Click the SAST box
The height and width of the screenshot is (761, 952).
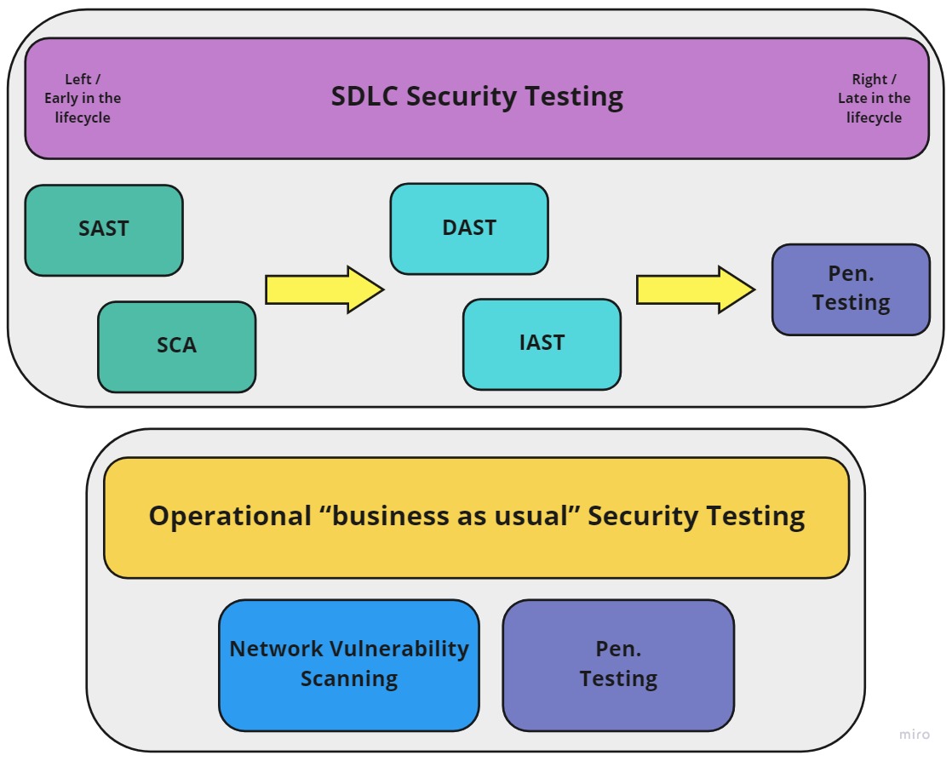click(x=104, y=230)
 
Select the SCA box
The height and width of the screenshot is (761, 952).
click(x=176, y=346)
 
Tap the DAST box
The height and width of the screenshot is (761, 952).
click(x=469, y=228)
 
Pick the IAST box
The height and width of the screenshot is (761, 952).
click(x=542, y=343)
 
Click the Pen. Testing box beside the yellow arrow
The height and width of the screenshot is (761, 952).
click(x=851, y=289)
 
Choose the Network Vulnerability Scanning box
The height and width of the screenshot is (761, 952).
click(x=349, y=665)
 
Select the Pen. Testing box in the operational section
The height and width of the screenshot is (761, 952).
click(x=618, y=665)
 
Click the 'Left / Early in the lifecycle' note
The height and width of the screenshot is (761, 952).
click(x=83, y=99)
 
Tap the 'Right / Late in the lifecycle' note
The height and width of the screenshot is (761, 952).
click(x=874, y=99)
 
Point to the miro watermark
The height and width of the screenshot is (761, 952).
click(x=915, y=734)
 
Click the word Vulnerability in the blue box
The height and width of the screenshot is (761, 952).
click(x=408, y=649)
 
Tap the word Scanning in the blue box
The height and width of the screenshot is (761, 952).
click(x=349, y=679)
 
